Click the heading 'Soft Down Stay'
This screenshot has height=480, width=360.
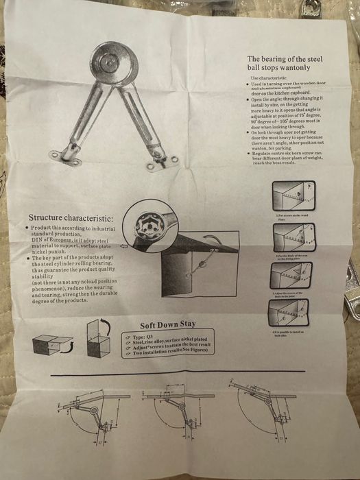(x=168, y=325)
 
